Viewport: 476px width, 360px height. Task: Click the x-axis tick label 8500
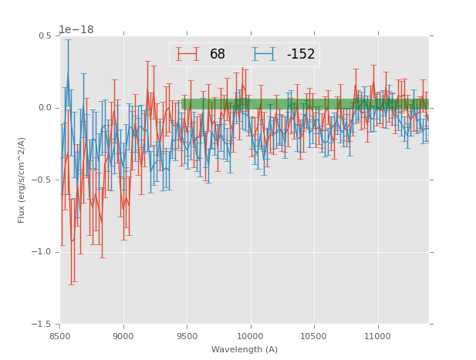[x=60, y=336]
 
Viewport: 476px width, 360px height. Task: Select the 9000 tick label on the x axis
[x=123, y=336]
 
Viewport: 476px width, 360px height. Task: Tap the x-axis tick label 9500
[x=187, y=336]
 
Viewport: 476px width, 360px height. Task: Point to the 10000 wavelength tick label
[x=251, y=336]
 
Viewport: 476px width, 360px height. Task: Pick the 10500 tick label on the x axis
[x=314, y=336]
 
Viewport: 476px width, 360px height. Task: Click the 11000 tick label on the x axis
[x=377, y=336]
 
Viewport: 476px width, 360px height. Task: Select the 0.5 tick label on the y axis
[x=44, y=35]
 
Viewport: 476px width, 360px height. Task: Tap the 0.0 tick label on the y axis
[x=44, y=108]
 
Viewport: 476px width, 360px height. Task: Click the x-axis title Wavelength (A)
[x=245, y=349]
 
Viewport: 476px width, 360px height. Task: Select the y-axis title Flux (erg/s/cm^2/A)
[x=22, y=180]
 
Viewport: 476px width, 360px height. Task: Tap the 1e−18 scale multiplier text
[x=76, y=30]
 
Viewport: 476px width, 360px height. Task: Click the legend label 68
[x=218, y=55]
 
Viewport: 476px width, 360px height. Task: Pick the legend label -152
[x=301, y=55]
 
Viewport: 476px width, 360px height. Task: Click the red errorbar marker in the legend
[x=187, y=54]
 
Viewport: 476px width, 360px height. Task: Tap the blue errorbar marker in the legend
[x=263, y=54]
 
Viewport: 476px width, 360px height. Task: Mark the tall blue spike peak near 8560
[x=68, y=72]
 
